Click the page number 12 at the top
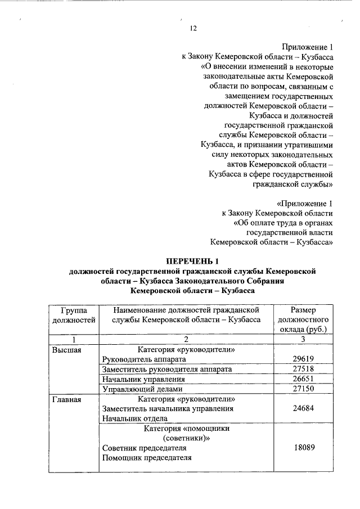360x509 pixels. (x=193, y=28)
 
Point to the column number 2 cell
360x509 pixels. (x=185, y=339)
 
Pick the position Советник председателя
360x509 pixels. (x=144, y=448)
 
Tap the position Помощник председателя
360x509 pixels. (x=146, y=458)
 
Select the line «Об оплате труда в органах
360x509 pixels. (x=283, y=223)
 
